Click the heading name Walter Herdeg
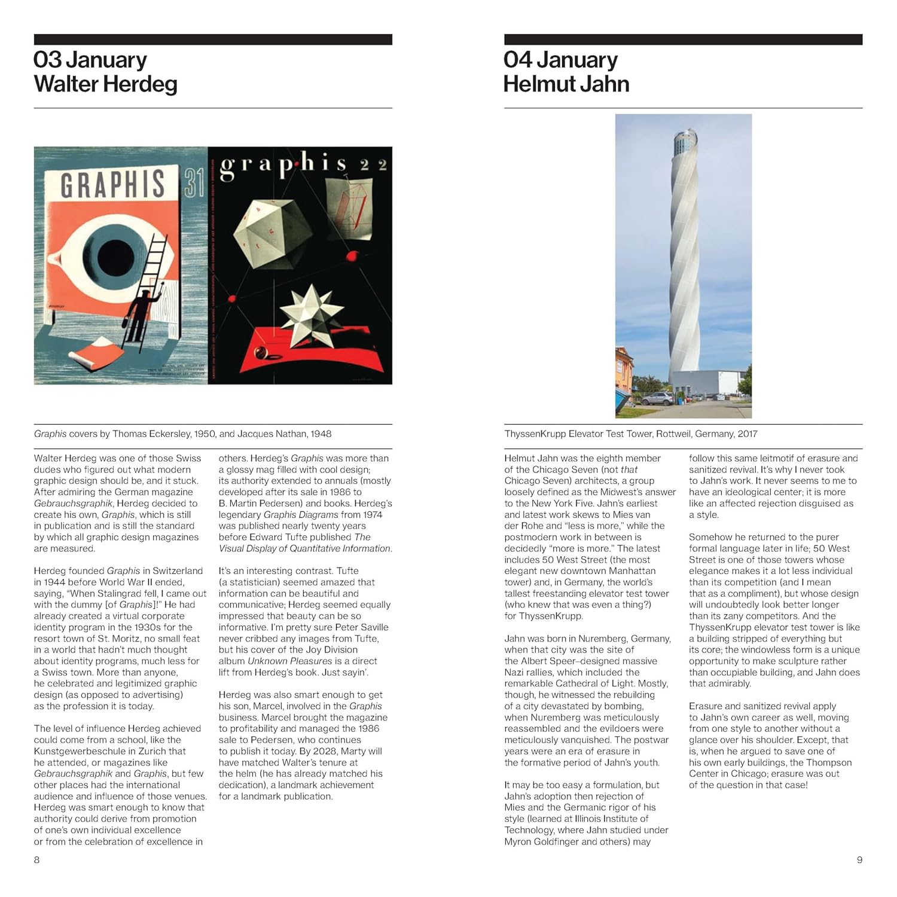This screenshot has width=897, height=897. [x=105, y=84]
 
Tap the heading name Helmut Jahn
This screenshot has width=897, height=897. [x=566, y=84]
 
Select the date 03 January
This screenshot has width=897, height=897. [x=90, y=60]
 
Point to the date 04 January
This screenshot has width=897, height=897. [x=560, y=60]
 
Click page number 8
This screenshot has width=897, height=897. [x=37, y=860]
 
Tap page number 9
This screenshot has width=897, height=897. [x=859, y=860]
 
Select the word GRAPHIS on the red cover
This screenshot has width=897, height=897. [x=112, y=184]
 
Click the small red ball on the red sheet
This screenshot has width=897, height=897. [x=261, y=355]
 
